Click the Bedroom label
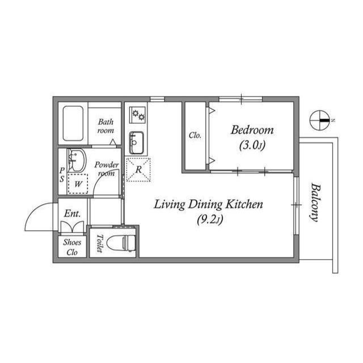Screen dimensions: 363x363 point(252,130)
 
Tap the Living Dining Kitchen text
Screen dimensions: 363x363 point(209,204)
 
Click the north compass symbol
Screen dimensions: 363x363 point(320,120)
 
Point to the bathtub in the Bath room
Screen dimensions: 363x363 point(73,124)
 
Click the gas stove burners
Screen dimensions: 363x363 point(138,115)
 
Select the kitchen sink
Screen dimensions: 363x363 point(136,142)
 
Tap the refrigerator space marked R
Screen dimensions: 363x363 point(138,170)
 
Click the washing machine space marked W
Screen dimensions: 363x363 point(78,184)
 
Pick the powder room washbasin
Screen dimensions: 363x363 point(77,160)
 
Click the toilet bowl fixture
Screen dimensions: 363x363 point(121,243)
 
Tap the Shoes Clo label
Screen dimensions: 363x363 point(72,247)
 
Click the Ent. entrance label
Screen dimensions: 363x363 point(72,213)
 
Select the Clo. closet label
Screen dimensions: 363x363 point(195,135)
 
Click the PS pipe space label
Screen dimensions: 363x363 point(62,175)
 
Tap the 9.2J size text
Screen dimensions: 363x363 point(210,220)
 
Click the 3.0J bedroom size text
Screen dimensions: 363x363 point(252,146)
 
